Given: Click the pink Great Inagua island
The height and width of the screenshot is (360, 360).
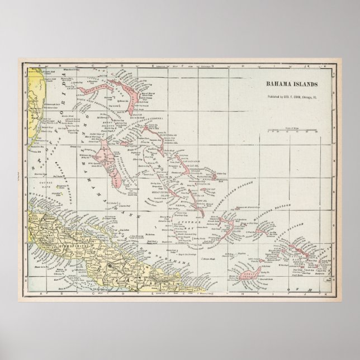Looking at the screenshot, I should coord(246,273).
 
